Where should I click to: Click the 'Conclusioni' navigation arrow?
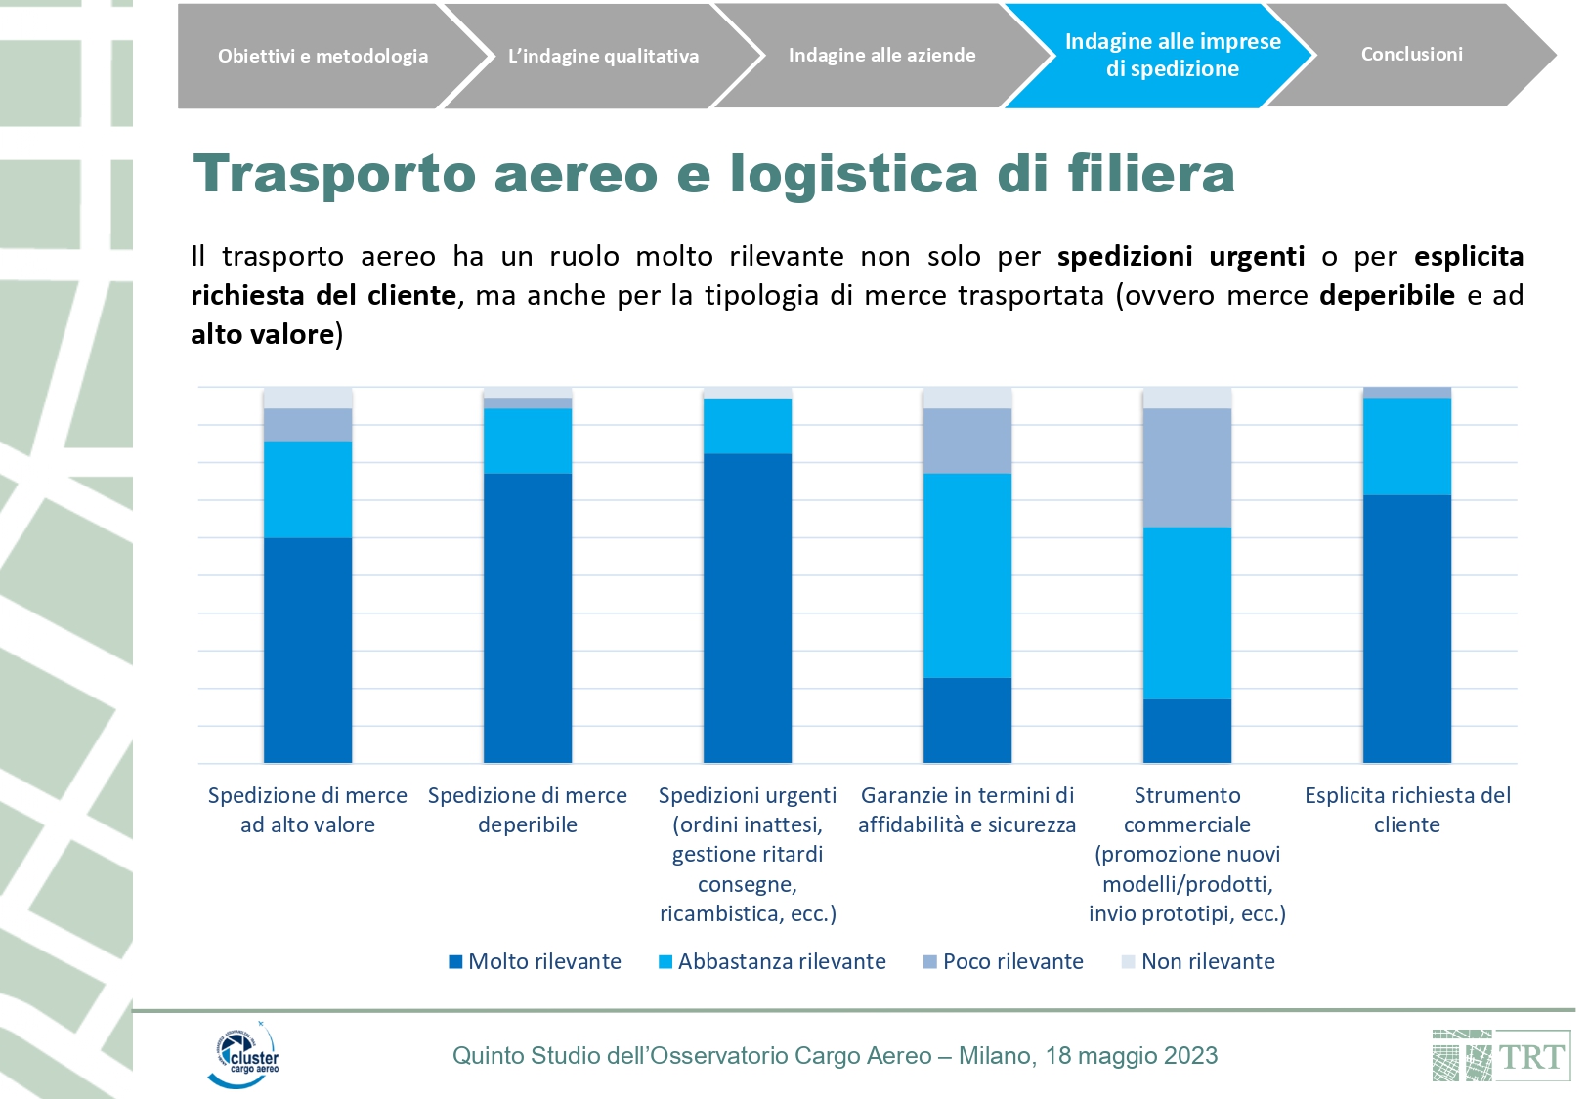coord(1411,55)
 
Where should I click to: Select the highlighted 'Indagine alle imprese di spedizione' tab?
coord(1172,55)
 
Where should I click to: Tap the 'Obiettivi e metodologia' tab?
coord(322,56)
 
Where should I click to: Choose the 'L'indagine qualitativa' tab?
coord(603,56)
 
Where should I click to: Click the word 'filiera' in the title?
coord(1150,175)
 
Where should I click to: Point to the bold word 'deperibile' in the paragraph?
coord(1386,295)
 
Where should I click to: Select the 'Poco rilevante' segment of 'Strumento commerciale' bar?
coord(1186,468)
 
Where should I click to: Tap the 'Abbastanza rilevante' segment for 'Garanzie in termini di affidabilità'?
coord(967,575)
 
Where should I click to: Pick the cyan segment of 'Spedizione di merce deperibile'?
coord(528,441)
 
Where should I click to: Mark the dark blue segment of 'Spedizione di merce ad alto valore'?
coord(308,650)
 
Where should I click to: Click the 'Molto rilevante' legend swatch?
coord(455,962)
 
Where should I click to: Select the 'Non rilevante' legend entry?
coord(1207,962)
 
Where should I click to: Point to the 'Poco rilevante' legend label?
coord(1012,962)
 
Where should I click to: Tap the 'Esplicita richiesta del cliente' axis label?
coord(1406,810)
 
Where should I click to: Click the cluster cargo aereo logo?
coord(244,1055)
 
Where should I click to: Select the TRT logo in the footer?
coord(1501,1056)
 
